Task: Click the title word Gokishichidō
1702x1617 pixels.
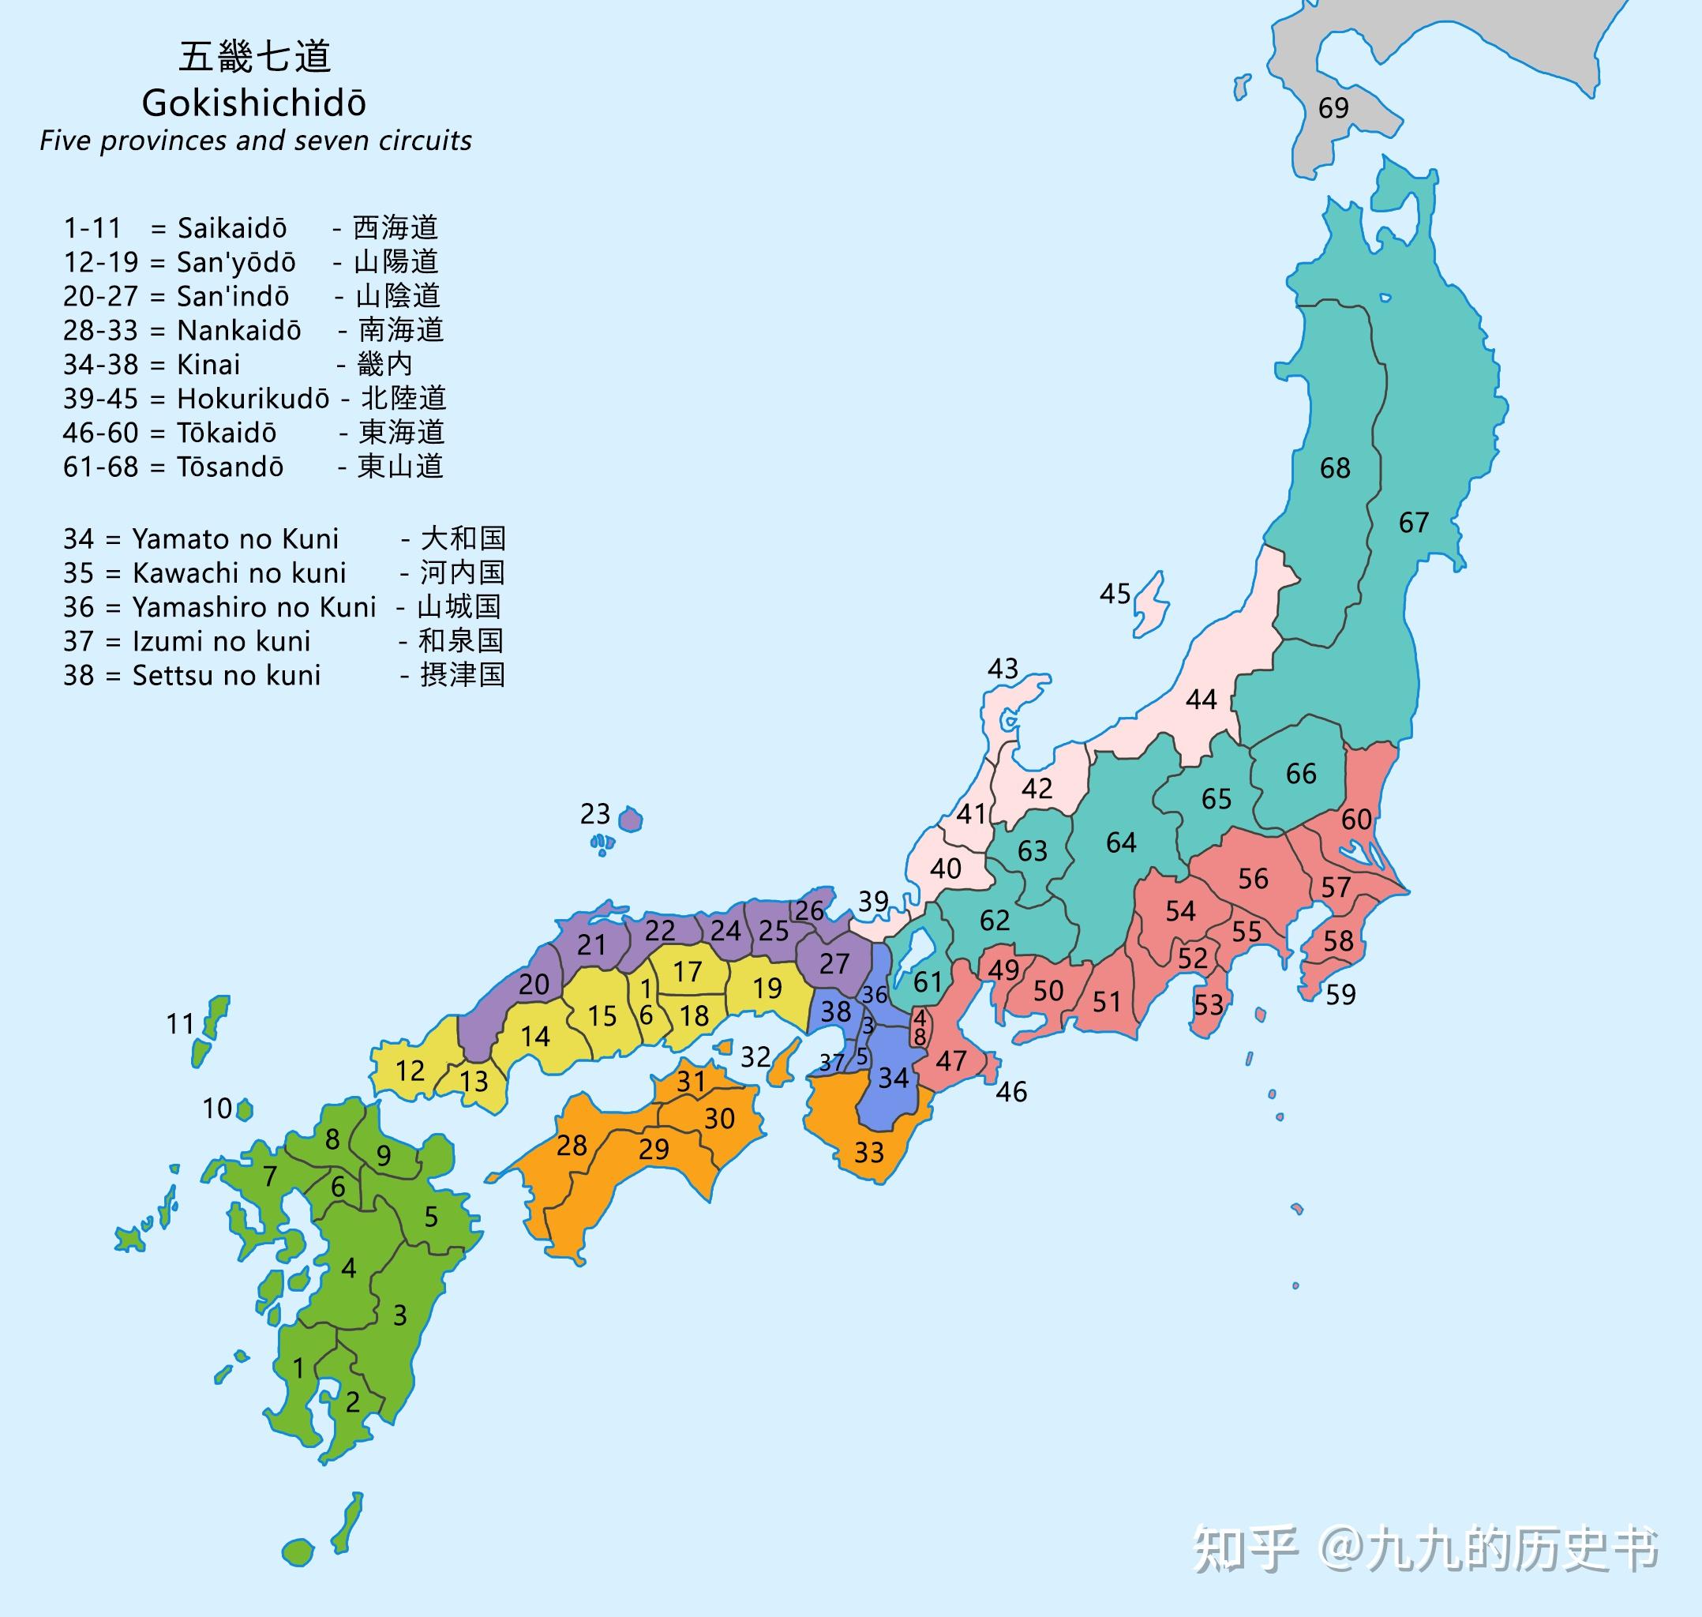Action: (x=253, y=103)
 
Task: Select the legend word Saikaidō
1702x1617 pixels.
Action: (x=232, y=227)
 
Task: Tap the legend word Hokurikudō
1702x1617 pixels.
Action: (x=253, y=398)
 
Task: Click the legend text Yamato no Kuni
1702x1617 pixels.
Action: (x=235, y=538)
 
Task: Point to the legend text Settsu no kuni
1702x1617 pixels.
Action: (x=226, y=675)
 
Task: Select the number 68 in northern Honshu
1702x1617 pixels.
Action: (x=1335, y=468)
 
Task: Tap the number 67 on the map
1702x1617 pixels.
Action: (x=1413, y=523)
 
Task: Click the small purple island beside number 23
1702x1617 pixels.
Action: (x=631, y=818)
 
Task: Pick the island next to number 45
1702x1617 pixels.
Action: (x=1151, y=605)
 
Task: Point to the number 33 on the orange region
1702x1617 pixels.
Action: (x=868, y=1153)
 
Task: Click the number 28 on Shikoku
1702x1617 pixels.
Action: (x=572, y=1146)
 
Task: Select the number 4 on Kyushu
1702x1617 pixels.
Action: (x=348, y=1268)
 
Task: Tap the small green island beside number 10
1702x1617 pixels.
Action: (x=245, y=1109)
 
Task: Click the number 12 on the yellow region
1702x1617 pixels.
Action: (x=410, y=1071)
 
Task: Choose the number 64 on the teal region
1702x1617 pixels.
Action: (x=1120, y=842)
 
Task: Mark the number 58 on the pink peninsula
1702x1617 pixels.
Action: (x=1337, y=940)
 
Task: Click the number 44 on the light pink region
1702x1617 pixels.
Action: (x=1201, y=699)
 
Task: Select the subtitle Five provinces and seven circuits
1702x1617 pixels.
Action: (x=255, y=141)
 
